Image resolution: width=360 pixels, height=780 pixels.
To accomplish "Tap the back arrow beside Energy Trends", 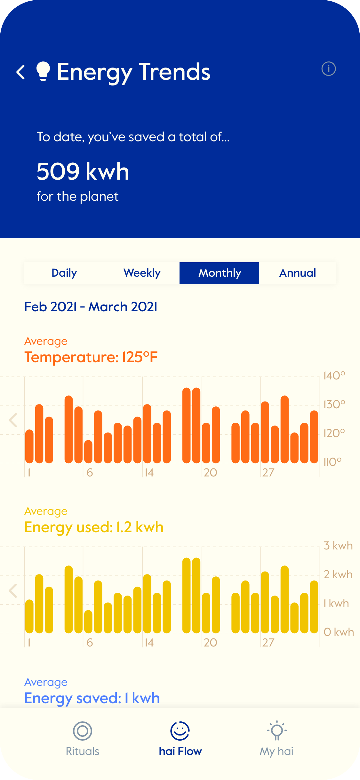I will click(21, 72).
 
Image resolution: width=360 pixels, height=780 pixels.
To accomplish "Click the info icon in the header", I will click(328, 69).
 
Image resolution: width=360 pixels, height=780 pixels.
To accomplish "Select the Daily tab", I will click(64, 273).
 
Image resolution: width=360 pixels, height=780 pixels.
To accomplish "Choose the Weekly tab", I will click(142, 273).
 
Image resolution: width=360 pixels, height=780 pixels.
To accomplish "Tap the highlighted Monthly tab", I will click(220, 273).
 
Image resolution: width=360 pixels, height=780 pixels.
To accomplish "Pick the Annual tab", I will click(298, 273).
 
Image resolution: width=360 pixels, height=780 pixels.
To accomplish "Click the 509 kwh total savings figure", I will click(83, 172).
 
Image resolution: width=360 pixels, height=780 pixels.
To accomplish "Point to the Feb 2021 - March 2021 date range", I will click(91, 307).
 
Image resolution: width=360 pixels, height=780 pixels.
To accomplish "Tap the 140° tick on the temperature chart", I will click(334, 376).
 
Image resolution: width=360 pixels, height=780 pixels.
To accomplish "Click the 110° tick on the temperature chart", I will click(332, 462).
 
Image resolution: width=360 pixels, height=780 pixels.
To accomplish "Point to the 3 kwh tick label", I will click(338, 546).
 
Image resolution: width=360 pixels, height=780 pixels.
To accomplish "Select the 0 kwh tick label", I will click(339, 632).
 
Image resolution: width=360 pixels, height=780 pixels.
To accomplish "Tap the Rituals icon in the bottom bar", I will click(83, 731).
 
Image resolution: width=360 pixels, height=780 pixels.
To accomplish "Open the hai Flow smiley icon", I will click(180, 731).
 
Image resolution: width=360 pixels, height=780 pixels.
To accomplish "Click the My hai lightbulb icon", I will click(277, 730).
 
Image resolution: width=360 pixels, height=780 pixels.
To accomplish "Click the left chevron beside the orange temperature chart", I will click(13, 420).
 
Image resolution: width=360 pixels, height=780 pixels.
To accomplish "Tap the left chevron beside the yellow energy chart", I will click(13, 591).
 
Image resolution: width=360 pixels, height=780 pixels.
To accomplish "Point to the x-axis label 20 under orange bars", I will click(210, 473).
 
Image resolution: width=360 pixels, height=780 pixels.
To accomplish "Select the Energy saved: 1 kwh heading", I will click(92, 698).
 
